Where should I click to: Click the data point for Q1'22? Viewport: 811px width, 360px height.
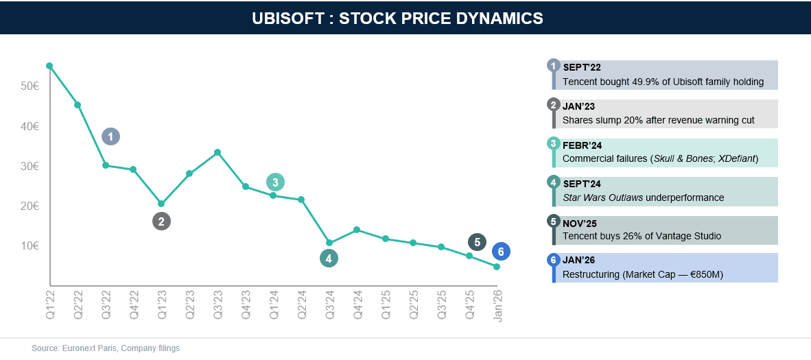click(49, 66)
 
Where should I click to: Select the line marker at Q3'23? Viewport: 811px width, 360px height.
click(218, 152)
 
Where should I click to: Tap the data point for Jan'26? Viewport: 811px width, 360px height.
click(497, 267)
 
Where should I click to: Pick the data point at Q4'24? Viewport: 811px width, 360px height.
click(357, 230)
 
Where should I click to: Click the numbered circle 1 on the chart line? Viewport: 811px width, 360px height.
click(110, 136)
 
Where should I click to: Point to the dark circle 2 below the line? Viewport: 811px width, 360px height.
click(161, 221)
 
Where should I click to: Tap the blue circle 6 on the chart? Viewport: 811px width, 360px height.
click(501, 252)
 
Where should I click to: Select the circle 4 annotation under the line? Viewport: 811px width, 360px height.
click(329, 259)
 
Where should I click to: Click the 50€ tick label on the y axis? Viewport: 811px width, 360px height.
click(29, 86)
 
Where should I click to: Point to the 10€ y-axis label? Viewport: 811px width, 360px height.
click(29, 245)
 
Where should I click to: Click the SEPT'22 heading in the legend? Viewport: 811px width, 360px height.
click(582, 67)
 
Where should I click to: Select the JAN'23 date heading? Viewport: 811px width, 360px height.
click(580, 106)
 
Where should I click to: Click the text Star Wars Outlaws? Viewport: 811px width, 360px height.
click(603, 197)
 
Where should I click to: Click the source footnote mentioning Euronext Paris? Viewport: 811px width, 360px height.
click(106, 348)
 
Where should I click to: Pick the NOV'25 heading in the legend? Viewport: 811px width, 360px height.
click(580, 223)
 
